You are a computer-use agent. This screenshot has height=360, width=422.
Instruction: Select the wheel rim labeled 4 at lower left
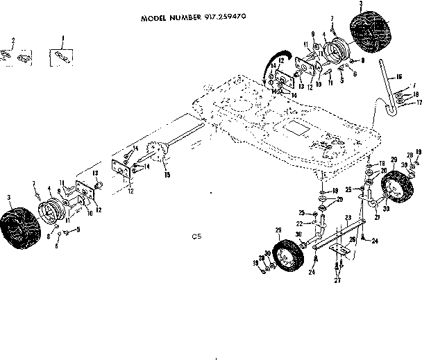point(51,209)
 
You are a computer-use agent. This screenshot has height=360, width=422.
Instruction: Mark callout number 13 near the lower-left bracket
point(96,173)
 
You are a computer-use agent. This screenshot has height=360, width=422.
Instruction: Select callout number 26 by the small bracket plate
point(353,239)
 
